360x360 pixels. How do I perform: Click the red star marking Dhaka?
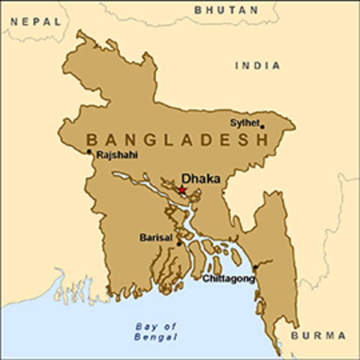pyautogui.click(x=181, y=190)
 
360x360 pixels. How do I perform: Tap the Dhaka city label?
pyautogui.click(x=196, y=179)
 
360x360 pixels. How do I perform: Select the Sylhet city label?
pyautogui.click(x=246, y=122)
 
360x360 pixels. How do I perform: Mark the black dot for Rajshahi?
pyautogui.click(x=89, y=151)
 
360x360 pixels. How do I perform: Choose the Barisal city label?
pyautogui.click(x=156, y=238)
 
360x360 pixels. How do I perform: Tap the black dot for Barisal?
pyautogui.click(x=178, y=243)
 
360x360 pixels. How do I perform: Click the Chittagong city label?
pyautogui.click(x=229, y=278)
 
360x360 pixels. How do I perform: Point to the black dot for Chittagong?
pyautogui.click(x=256, y=267)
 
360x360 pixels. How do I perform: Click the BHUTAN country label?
pyautogui.click(x=226, y=10)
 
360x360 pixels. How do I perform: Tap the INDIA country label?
pyautogui.click(x=258, y=66)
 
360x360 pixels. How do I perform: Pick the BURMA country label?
pyautogui.click(x=318, y=334)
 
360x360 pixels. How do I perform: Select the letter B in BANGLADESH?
pyautogui.click(x=92, y=139)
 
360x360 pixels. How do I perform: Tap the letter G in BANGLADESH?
pyautogui.click(x=149, y=139)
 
